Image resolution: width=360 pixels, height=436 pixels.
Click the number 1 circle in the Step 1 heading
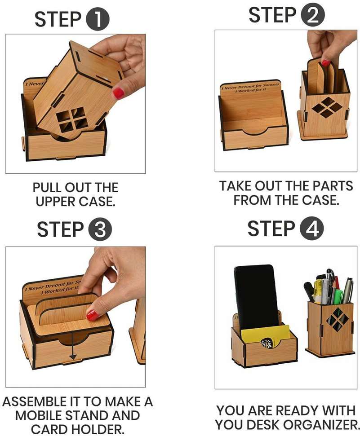[98, 20]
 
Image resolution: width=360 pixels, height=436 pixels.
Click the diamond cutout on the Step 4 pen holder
[337, 319]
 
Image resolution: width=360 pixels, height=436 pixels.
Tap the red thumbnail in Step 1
[118, 93]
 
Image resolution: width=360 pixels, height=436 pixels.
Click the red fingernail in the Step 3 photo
[93, 315]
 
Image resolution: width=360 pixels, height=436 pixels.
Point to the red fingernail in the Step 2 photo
[325, 63]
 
